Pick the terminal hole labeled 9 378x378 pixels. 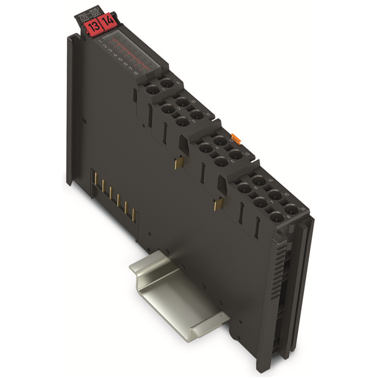pyautogui.click(x=167, y=84)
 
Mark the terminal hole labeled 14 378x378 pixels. pyautogui.click(x=259, y=179)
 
